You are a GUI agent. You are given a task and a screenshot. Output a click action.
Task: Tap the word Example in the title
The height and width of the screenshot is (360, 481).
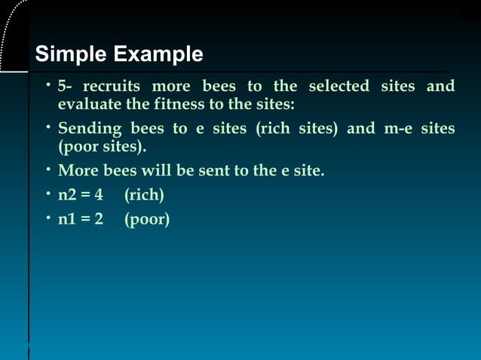[158, 55]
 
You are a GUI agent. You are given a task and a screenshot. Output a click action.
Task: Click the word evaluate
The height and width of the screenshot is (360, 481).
[87, 104]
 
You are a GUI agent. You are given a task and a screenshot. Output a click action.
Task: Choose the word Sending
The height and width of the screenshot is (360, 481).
[90, 128]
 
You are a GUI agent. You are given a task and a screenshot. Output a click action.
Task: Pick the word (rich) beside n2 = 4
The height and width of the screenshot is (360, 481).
[144, 196]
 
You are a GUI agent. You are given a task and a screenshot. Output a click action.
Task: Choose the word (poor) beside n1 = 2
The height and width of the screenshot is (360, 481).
[147, 220]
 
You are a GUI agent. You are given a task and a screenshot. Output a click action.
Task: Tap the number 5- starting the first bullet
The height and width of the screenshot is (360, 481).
[65, 86]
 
